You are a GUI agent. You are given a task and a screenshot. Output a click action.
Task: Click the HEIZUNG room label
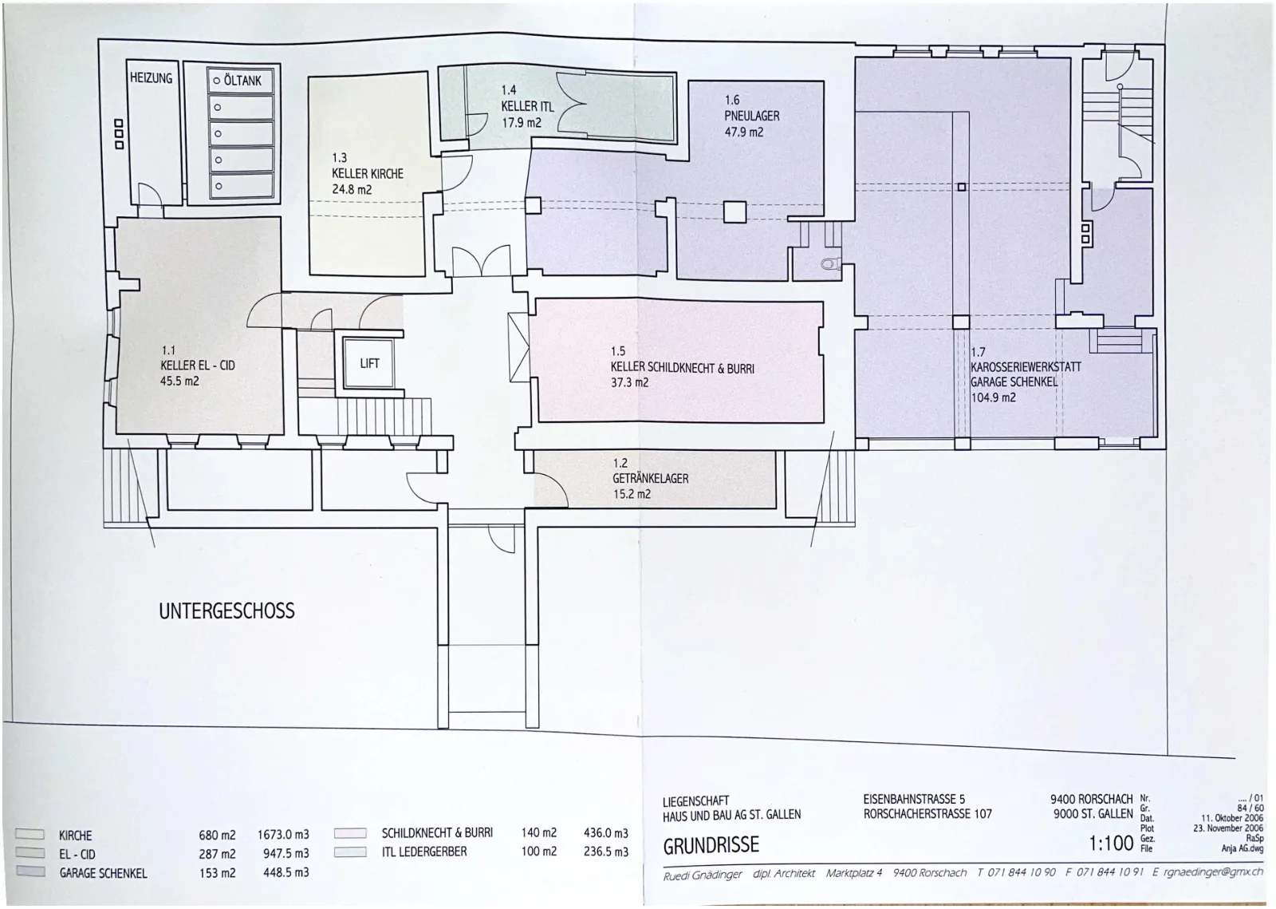(151, 78)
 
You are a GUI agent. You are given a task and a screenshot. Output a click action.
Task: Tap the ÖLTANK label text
(242, 81)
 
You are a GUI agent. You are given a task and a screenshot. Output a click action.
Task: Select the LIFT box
(368, 363)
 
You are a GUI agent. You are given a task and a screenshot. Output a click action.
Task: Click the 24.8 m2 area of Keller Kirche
(352, 189)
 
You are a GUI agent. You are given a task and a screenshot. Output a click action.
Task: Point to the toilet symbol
(831, 263)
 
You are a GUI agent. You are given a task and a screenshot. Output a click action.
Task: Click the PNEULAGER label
(752, 116)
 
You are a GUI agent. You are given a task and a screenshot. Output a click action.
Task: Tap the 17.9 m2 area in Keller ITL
(522, 122)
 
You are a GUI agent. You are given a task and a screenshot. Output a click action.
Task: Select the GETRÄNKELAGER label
(651, 478)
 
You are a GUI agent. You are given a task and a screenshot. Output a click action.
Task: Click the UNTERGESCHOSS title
(226, 611)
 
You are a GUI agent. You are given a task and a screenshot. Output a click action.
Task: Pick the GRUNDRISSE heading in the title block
(711, 844)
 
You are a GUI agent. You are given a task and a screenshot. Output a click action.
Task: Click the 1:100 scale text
(1111, 843)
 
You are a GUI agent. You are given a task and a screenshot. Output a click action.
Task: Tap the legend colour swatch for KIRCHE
(30, 834)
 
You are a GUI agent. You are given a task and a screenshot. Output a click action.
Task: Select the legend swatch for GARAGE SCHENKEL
(31, 871)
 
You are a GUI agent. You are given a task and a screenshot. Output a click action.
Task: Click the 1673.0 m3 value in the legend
(283, 835)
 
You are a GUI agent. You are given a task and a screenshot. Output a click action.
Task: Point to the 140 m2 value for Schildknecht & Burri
(539, 832)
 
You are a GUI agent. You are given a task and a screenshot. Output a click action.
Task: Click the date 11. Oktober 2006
(1232, 818)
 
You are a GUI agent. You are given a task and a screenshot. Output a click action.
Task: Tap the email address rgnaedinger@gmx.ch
(1213, 872)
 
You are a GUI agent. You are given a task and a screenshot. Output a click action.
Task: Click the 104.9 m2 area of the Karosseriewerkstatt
(994, 397)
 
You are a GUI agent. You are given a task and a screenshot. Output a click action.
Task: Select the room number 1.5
(618, 351)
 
